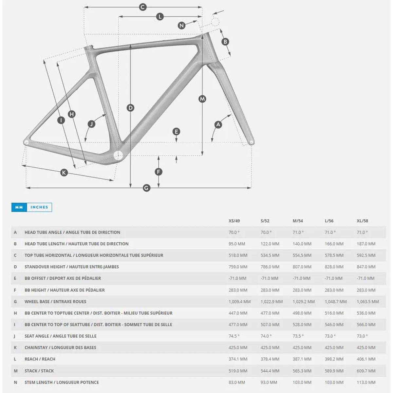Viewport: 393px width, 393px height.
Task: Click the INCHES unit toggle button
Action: coord(39,207)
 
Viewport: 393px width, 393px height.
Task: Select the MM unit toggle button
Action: coord(19,207)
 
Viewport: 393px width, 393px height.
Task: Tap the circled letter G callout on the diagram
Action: coord(146,188)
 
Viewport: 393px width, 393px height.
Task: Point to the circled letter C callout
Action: coord(142,7)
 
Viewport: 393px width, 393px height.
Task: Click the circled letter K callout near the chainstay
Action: coord(64,173)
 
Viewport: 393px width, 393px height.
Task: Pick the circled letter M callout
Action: coord(202,99)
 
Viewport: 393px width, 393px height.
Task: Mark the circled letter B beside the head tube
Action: coord(225,42)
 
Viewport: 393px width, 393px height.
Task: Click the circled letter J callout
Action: coord(92,124)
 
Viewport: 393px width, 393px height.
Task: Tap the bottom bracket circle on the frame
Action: coord(118,155)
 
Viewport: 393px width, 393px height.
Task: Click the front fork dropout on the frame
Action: coord(251,142)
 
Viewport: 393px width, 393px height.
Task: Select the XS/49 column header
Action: coord(234,221)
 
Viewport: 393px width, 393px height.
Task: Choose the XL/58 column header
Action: coord(362,221)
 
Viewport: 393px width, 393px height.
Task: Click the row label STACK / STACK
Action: coord(39,371)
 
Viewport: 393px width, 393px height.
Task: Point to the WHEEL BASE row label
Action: coord(55,302)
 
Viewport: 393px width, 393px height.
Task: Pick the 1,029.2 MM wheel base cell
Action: coord(304,302)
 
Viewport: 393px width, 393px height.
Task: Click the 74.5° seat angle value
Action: coord(234,336)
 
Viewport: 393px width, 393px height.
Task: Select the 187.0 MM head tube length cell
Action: coord(366,244)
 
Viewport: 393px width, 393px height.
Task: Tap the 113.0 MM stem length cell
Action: coord(366,382)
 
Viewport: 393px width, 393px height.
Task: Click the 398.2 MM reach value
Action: coord(334,359)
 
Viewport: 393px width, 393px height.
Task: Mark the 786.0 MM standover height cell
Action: coord(270,267)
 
